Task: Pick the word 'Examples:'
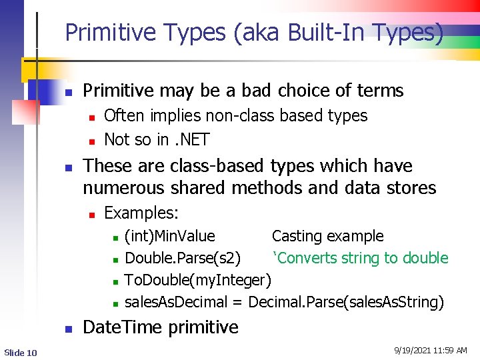(x=141, y=213)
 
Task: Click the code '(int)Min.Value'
(x=170, y=236)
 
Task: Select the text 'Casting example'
(x=327, y=236)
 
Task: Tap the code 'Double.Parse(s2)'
(x=183, y=258)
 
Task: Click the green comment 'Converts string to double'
(x=360, y=258)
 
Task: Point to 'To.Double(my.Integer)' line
(x=198, y=280)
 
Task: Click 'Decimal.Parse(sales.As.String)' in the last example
(x=346, y=302)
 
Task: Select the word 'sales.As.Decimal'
(x=176, y=302)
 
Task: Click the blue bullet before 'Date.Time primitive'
(x=68, y=329)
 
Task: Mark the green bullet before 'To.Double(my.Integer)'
(x=115, y=281)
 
